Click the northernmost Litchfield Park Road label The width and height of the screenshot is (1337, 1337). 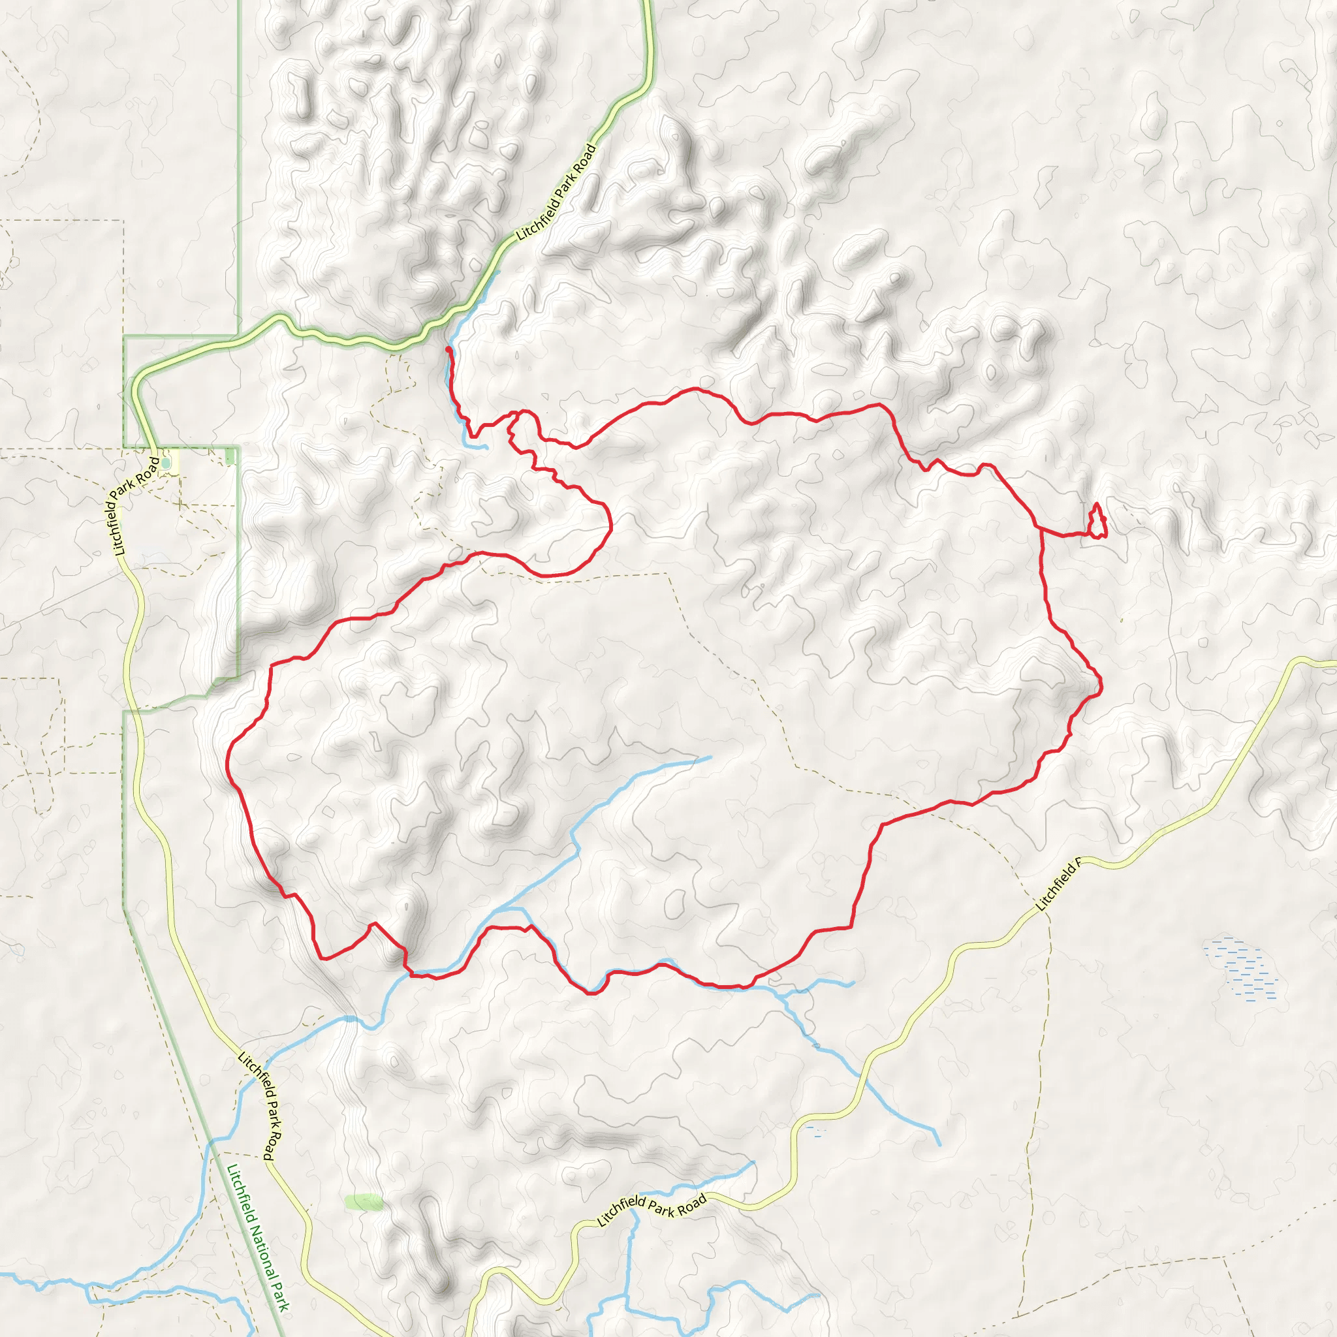pos(556,192)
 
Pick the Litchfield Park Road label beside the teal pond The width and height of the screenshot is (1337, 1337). pos(133,505)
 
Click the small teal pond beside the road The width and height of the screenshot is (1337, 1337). pos(165,462)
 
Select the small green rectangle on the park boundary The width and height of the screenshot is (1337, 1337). pos(230,457)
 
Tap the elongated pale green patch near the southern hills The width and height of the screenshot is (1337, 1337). pos(364,1202)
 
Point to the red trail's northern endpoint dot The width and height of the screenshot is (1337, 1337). pos(448,350)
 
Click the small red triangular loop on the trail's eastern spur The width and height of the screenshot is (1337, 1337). pos(1097,523)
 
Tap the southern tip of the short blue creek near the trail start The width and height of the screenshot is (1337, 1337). pos(486,448)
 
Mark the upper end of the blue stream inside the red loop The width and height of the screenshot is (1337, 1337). pos(710,757)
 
